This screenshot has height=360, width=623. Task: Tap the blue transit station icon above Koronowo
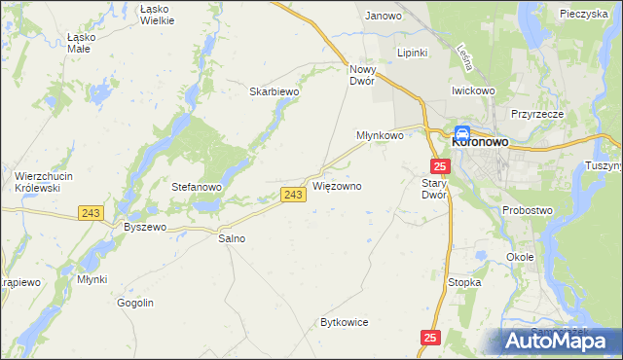tap(463, 133)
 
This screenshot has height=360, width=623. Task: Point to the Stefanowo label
tap(198, 187)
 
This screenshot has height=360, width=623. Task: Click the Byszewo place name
tap(146, 227)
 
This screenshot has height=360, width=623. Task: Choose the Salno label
tap(232, 237)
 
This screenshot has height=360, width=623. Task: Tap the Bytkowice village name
tap(345, 322)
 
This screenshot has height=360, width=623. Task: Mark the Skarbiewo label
tap(274, 91)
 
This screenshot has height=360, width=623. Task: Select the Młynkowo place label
tap(379, 136)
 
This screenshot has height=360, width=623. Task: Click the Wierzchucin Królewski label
tap(38, 181)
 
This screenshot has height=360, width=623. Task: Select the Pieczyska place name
tap(585, 14)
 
